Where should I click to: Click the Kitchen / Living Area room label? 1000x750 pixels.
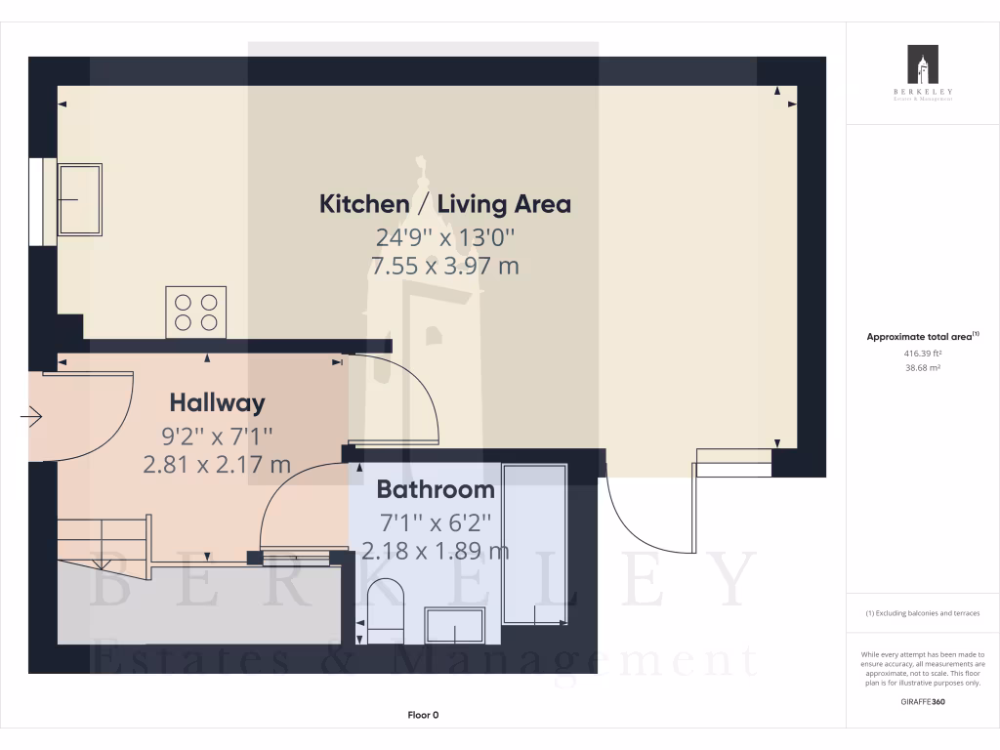[445, 204]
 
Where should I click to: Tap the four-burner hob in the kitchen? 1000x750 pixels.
[196, 312]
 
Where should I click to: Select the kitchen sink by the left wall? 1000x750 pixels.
[80, 199]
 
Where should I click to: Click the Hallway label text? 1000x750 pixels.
[217, 402]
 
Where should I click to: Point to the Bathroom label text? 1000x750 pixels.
[436, 489]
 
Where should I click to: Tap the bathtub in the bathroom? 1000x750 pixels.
[534, 545]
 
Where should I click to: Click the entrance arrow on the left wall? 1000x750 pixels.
[30, 418]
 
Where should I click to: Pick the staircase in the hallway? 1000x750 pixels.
[103, 538]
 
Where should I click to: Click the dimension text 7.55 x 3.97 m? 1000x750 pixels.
[445, 266]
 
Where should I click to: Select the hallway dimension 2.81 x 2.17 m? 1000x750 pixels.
[217, 465]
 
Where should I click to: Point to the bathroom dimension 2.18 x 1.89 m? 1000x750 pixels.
[436, 551]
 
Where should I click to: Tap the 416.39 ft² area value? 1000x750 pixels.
[922, 354]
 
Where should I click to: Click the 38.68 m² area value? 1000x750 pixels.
[922, 368]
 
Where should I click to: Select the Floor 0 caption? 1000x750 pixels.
[423, 716]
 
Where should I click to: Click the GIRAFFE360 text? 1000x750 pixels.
[923, 701]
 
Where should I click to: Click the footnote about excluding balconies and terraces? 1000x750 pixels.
[923, 613]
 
